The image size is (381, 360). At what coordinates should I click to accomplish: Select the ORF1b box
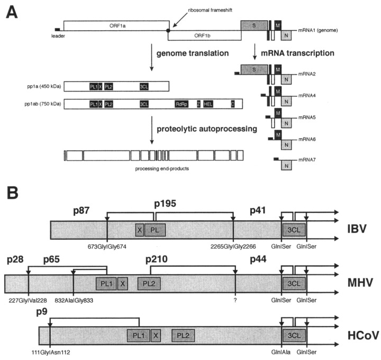203,35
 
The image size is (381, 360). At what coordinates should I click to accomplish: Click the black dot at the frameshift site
168,31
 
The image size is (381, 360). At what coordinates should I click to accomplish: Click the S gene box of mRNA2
253,69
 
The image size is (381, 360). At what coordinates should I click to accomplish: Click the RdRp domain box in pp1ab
182,104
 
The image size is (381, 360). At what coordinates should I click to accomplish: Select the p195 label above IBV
165,203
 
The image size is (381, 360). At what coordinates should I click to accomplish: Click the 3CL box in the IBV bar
291,230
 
